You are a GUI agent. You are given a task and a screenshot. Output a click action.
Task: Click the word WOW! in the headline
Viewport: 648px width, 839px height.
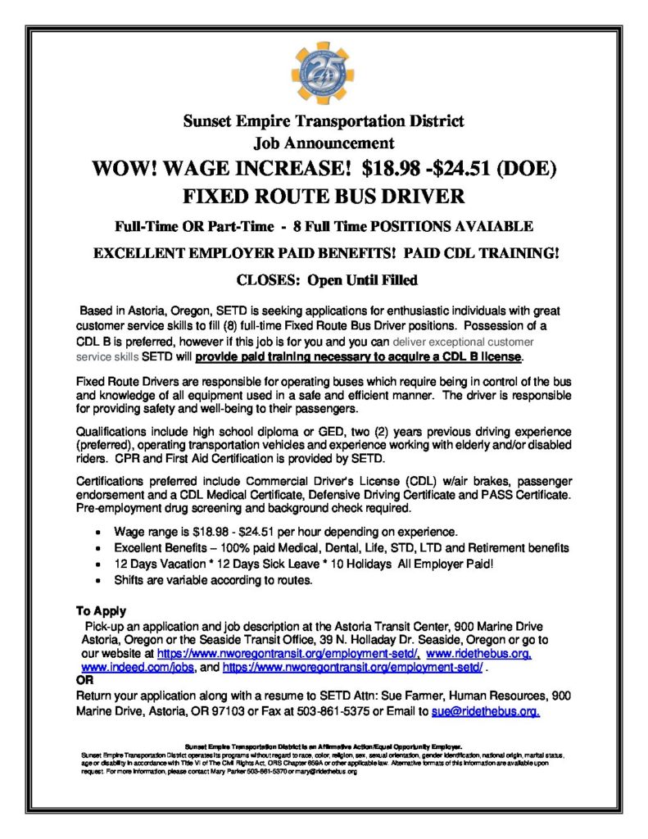pos(126,169)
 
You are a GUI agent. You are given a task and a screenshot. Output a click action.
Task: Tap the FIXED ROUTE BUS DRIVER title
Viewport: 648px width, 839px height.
pos(324,197)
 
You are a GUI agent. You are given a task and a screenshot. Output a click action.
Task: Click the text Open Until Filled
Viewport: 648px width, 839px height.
pos(362,280)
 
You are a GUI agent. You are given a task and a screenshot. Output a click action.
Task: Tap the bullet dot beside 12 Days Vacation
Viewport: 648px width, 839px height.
pos(98,564)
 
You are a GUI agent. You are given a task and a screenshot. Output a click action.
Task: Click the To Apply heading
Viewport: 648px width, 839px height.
pos(101,610)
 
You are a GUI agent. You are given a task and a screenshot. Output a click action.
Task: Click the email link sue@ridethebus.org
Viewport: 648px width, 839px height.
pos(485,711)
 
